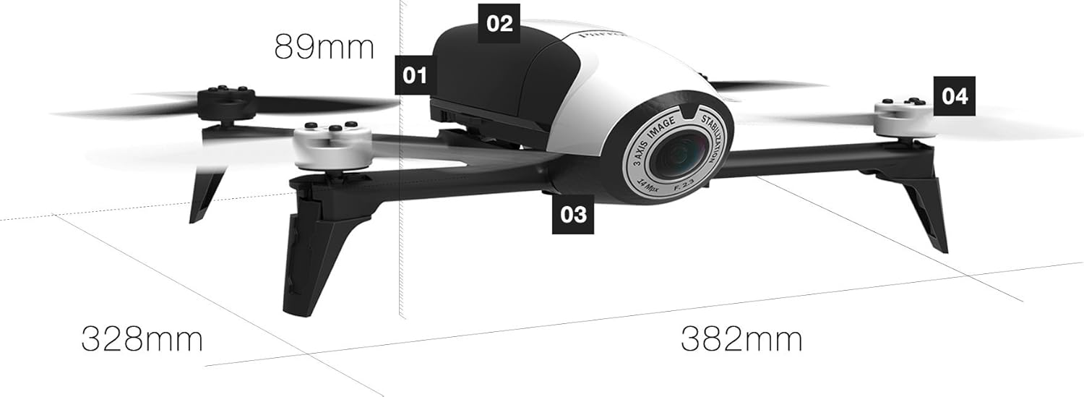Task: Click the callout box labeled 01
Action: point(415,74)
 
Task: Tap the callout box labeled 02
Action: point(499,22)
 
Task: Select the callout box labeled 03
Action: point(573,214)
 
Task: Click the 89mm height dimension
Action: point(324,48)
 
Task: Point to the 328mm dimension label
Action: point(142,338)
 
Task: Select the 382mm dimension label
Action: point(741,338)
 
